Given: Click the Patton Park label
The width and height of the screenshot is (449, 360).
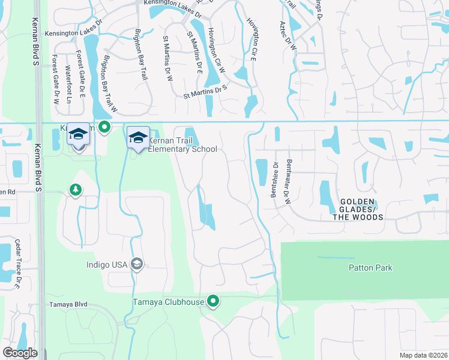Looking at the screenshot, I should point(370,268).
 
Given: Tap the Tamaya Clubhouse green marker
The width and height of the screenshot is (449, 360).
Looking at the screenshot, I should point(213,301).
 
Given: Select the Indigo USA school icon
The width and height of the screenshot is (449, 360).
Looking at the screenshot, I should point(137,264).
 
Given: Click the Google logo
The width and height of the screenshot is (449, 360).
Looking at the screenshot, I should point(19,353).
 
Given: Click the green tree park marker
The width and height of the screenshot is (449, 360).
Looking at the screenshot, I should point(75,190).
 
